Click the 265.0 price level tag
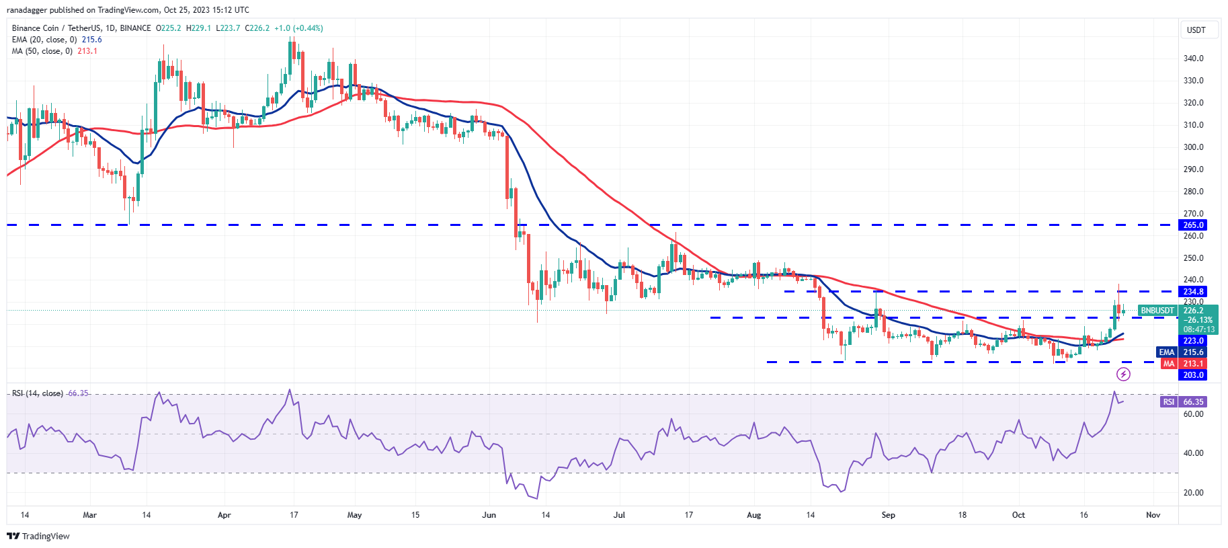tap(1193, 225)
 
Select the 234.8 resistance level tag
tap(1193, 292)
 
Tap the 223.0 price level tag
tap(1193, 341)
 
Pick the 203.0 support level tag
tap(1193, 375)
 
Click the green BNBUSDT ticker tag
tap(1157, 311)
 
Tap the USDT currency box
tap(1196, 30)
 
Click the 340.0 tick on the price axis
tap(1193, 58)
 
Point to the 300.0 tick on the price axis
tap(1193, 147)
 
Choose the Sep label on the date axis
tap(888, 515)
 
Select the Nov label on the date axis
tap(1153, 515)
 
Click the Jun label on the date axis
tap(489, 515)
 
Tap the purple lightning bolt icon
tap(1123, 374)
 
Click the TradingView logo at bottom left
tap(38, 536)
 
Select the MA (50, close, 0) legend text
tap(42, 51)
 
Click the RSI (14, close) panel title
tap(38, 393)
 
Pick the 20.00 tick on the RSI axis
tap(1193, 493)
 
